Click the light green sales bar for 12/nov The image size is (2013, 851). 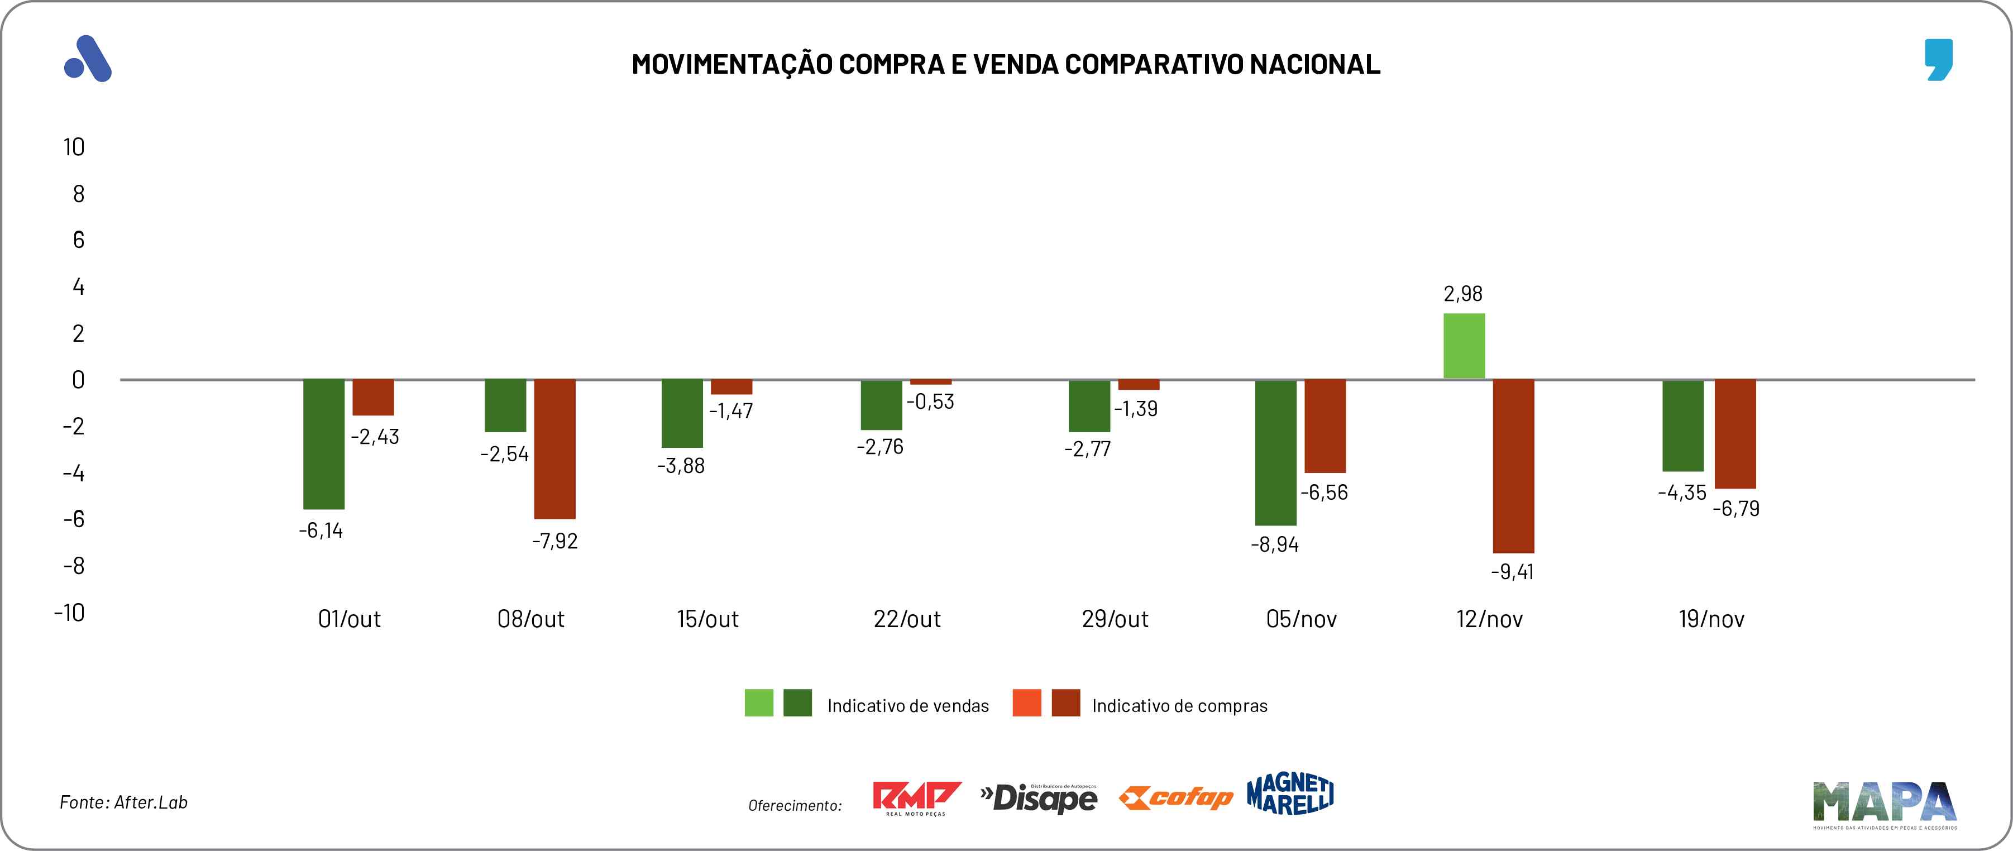click(x=1464, y=346)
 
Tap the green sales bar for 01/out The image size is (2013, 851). click(x=323, y=444)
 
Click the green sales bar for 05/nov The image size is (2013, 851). click(x=1275, y=452)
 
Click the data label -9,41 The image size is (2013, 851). click(x=1512, y=572)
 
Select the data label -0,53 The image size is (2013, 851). click(x=930, y=401)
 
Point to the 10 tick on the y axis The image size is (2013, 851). click(x=74, y=147)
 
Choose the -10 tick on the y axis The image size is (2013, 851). click(x=70, y=613)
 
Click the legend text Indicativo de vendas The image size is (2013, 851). click(x=908, y=706)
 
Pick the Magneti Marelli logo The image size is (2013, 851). click(x=1290, y=795)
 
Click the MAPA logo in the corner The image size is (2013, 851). click(x=1885, y=804)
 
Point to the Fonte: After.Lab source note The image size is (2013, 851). click(x=123, y=802)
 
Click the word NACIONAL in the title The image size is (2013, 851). click(x=1315, y=64)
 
